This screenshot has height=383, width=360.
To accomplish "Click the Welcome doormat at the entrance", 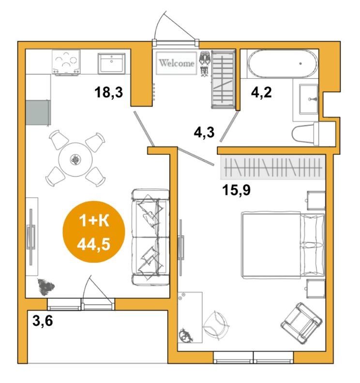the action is coord(177,63).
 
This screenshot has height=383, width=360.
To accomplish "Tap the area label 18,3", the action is coord(109,92).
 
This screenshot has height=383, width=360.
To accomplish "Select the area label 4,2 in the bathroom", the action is coord(261,92).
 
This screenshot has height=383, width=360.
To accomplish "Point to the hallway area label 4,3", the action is coord(204,133).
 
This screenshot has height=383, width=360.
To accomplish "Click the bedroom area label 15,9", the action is coord(236,190).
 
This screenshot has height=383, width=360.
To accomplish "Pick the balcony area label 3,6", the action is coord(43,321).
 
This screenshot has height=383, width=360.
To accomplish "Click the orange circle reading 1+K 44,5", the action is coord(94,232).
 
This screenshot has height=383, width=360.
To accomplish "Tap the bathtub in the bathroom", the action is coord(283,63).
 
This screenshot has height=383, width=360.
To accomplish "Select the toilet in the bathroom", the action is coord(305,133).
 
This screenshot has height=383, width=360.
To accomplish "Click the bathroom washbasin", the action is coord(309,99).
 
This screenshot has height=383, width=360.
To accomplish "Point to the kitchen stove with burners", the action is coord(66,62).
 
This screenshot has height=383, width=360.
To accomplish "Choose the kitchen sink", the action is coord(111,63).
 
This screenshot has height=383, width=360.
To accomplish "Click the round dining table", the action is coord(75,160).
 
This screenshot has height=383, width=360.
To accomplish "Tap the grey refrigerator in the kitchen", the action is coord(38,113).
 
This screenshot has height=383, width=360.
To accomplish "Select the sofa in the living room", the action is coord(150,237).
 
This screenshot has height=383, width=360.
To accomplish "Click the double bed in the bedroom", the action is coord(283,245).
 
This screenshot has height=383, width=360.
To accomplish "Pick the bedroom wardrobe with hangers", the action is coord(273,167).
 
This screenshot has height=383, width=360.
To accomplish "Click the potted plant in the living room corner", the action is coord(45,286).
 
